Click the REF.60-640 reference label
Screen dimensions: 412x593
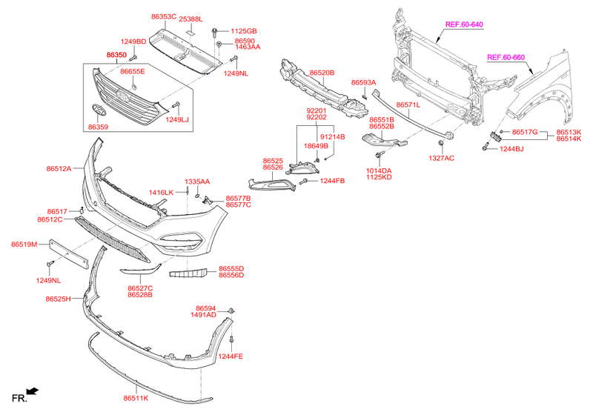pos(464,24)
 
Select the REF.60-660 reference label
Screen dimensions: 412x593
pos(506,57)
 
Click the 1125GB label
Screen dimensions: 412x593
pos(243,31)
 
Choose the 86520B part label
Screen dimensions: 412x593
pos(322,73)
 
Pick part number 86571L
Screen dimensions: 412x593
pos(408,105)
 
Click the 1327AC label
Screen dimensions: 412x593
pos(441,158)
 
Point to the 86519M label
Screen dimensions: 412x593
pos(24,244)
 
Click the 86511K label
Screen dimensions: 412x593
pos(136,398)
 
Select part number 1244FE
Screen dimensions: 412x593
pos(231,356)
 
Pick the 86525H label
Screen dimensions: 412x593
pos(59,299)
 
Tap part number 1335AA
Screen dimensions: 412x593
pos(198,181)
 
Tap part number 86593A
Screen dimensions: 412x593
pos(364,82)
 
